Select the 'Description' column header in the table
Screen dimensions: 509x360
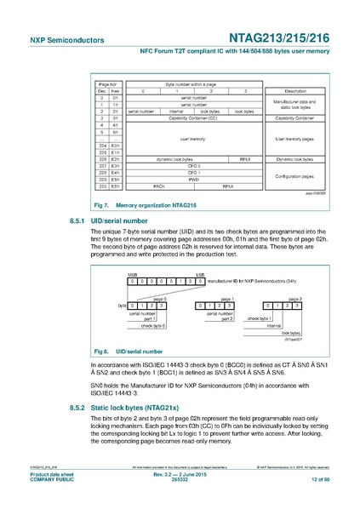pyautogui.click(x=294, y=90)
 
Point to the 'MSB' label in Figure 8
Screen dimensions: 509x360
pyautogui.click(x=133, y=274)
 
